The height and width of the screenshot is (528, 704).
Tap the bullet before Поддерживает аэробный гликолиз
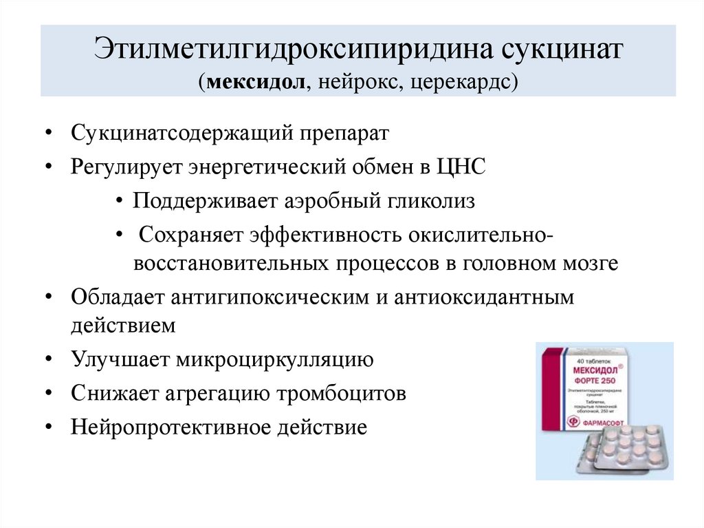[120, 202]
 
